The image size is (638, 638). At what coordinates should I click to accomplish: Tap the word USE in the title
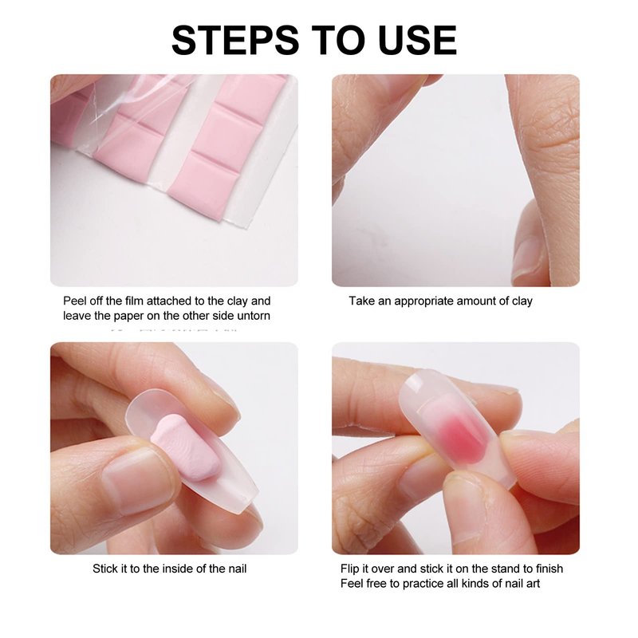click(x=417, y=41)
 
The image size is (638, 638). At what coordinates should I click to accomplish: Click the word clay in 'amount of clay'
click(x=522, y=301)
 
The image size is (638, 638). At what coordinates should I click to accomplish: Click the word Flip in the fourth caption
click(x=349, y=569)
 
